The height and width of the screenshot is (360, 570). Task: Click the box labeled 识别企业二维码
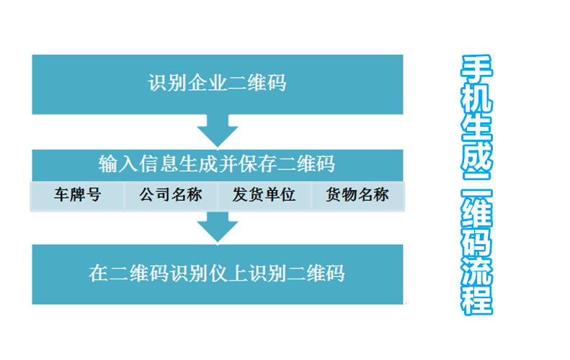[x=218, y=85]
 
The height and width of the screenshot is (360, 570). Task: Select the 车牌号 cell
[x=77, y=196]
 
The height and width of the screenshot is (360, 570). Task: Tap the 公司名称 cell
[x=171, y=196]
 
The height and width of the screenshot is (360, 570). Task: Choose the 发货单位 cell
[x=264, y=196]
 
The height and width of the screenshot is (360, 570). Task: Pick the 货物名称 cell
[x=357, y=196]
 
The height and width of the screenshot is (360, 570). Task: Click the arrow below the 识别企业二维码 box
[x=218, y=131]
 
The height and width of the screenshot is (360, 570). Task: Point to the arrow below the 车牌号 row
[x=218, y=227]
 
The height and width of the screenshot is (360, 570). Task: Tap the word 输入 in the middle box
[x=117, y=164]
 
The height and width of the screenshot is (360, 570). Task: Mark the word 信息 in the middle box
[x=158, y=164]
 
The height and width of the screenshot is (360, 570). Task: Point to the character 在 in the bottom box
[x=99, y=273]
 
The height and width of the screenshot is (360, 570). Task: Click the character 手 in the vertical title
[x=476, y=69]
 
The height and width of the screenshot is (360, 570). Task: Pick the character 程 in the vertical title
[x=476, y=300]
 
